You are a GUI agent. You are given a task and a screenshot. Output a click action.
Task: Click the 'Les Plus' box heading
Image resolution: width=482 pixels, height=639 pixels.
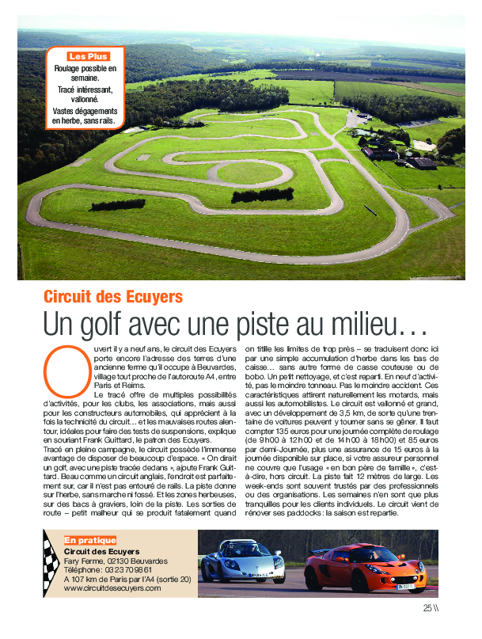pyautogui.click(x=88, y=56)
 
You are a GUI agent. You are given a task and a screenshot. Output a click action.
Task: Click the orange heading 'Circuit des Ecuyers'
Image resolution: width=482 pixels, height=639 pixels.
pyautogui.click(x=113, y=297)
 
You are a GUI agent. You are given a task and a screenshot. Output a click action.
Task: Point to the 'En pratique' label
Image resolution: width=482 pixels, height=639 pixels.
pyautogui.click(x=89, y=540)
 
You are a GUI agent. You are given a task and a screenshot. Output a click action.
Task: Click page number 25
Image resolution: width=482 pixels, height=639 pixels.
pyautogui.click(x=427, y=608)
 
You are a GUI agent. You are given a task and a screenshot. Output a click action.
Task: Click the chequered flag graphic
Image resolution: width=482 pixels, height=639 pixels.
pyautogui.click(x=51, y=564)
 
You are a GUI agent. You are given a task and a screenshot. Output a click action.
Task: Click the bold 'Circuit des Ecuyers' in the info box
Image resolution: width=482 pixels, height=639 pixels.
pyautogui.click(x=101, y=550)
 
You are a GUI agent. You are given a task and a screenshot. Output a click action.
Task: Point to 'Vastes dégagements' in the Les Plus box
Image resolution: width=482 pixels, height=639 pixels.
pyautogui.click(x=85, y=112)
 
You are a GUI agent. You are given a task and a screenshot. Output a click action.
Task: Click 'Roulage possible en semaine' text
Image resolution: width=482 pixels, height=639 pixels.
pyautogui.click(x=85, y=74)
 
